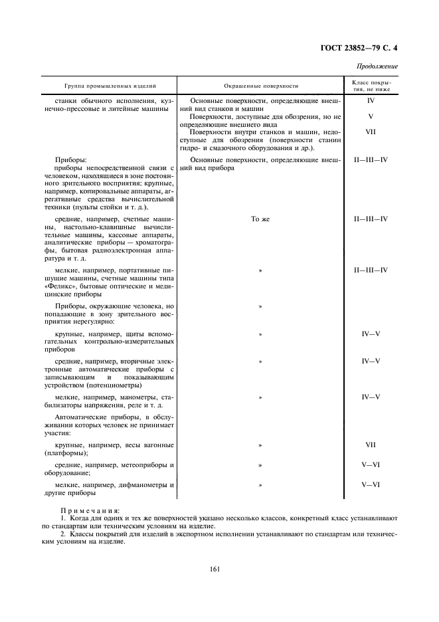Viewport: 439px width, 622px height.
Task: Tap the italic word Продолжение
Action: [x=378, y=66]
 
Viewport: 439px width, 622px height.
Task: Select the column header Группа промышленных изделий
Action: [x=110, y=86]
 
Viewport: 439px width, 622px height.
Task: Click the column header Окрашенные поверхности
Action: [x=260, y=86]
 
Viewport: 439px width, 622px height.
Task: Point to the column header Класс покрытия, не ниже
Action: [x=371, y=86]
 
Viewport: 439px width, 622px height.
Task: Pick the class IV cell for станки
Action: [x=371, y=100]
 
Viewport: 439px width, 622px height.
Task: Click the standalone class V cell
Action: [x=371, y=116]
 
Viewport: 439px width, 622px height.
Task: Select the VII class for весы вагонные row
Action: [x=371, y=445]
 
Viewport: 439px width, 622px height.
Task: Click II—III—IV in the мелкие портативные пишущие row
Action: [x=371, y=270]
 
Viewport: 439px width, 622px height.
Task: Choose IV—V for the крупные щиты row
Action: [x=371, y=334]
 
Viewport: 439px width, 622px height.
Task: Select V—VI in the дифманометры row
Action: [x=371, y=485]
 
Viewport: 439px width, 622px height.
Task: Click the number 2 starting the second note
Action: [x=62, y=534]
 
